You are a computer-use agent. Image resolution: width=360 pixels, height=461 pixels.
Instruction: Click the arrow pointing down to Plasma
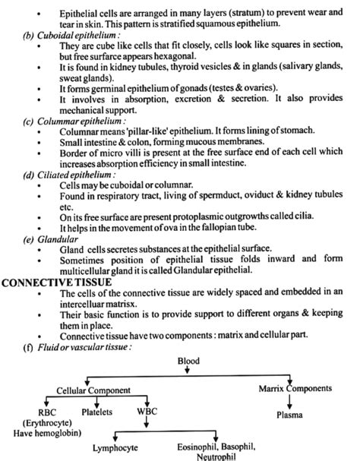coord(291,403)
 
